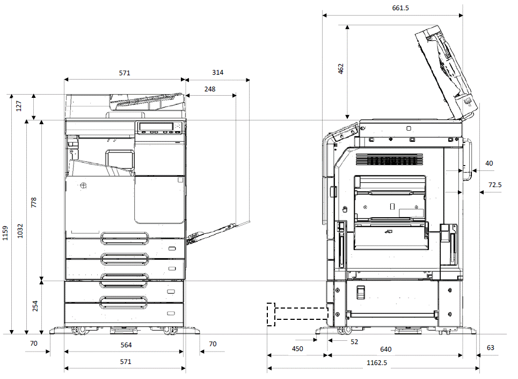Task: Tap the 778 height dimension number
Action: tap(34, 203)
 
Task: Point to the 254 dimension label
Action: tap(35, 306)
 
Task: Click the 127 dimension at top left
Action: tap(19, 106)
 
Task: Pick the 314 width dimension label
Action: tap(217, 73)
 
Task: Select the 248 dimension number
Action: tap(209, 89)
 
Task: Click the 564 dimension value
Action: tap(125, 345)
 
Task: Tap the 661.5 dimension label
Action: tap(392, 8)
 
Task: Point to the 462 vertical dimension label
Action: tap(341, 68)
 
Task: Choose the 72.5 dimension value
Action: tap(495, 185)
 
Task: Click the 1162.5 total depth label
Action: tap(377, 363)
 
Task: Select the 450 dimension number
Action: tap(297, 349)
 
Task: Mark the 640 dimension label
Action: tap(385, 349)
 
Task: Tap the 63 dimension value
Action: tap(491, 348)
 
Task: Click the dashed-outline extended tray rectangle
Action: tap(297, 314)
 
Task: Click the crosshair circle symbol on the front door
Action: tap(83, 185)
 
